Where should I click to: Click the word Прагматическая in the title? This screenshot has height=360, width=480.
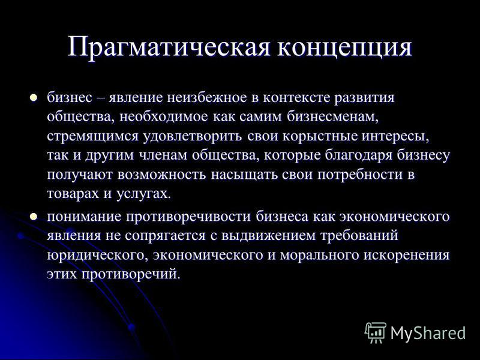click(x=169, y=47)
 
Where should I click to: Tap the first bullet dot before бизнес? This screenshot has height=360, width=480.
click(x=33, y=98)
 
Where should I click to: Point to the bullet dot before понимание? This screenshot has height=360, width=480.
click(x=33, y=217)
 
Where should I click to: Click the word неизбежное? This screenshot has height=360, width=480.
click(x=207, y=98)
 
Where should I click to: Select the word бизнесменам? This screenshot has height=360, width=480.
click(x=333, y=117)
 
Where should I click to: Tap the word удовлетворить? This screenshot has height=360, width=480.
click(x=193, y=137)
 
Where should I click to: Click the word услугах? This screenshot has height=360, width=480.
click(x=143, y=194)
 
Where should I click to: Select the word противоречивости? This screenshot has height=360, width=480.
click(x=188, y=217)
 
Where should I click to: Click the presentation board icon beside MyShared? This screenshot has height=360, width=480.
click(x=376, y=332)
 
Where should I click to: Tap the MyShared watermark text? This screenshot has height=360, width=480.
click(x=428, y=333)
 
